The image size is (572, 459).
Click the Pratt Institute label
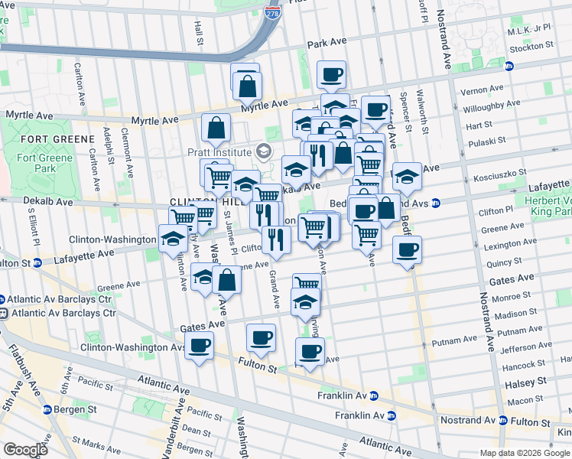click(220, 151)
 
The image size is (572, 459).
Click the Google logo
click(26, 449)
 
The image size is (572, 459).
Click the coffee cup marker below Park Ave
click(331, 75)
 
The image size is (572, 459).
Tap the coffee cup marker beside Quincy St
click(407, 249)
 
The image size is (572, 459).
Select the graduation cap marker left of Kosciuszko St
click(407, 177)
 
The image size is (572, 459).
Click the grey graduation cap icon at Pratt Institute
click(264, 151)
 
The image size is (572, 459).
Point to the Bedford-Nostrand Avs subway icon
click(434, 203)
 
